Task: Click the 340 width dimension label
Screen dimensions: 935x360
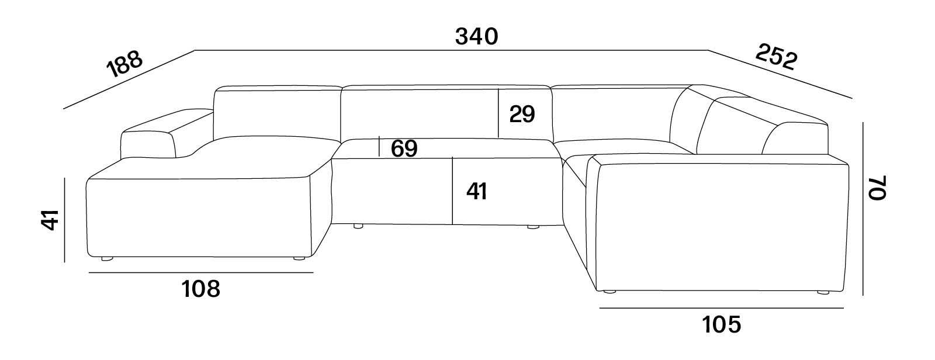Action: click(x=477, y=37)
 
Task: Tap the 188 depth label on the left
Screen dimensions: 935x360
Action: click(x=124, y=64)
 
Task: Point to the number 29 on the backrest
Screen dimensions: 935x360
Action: click(x=522, y=114)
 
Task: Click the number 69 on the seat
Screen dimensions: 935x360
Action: click(x=404, y=148)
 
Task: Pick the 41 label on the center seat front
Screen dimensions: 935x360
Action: click(x=477, y=192)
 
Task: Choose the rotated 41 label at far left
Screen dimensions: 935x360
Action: click(x=50, y=220)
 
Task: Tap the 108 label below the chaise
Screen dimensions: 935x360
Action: click(x=201, y=289)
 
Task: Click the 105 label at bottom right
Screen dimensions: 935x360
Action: click(x=722, y=325)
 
